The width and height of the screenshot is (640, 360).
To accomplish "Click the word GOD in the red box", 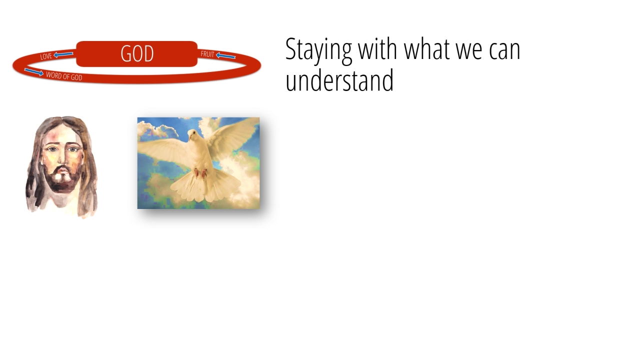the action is pyautogui.click(x=137, y=53).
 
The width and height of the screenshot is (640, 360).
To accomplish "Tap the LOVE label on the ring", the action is pyautogui.click(x=46, y=56).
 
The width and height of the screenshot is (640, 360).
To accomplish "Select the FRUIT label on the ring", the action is pyautogui.click(x=207, y=54).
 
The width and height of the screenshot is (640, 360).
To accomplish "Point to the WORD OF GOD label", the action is pyautogui.click(x=64, y=76).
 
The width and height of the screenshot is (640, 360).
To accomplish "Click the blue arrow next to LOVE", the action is pyautogui.click(x=63, y=54).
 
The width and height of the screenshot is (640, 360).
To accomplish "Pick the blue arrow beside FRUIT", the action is pyautogui.click(x=225, y=55).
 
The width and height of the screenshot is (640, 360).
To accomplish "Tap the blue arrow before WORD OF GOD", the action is pyautogui.click(x=33, y=71).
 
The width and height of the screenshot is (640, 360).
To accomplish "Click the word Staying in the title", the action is pyautogui.click(x=318, y=49).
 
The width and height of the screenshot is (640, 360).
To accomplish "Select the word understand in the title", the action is pyautogui.click(x=339, y=80).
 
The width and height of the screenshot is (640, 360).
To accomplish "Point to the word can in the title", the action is pyautogui.click(x=504, y=51).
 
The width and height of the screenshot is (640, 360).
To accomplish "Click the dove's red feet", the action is pyautogui.click(x=200, y=173).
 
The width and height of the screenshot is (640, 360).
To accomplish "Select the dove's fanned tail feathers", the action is pyautogui.click(x=205, y=186).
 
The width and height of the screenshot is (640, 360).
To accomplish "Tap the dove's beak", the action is pyautogui.click(x=189, y=138).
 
